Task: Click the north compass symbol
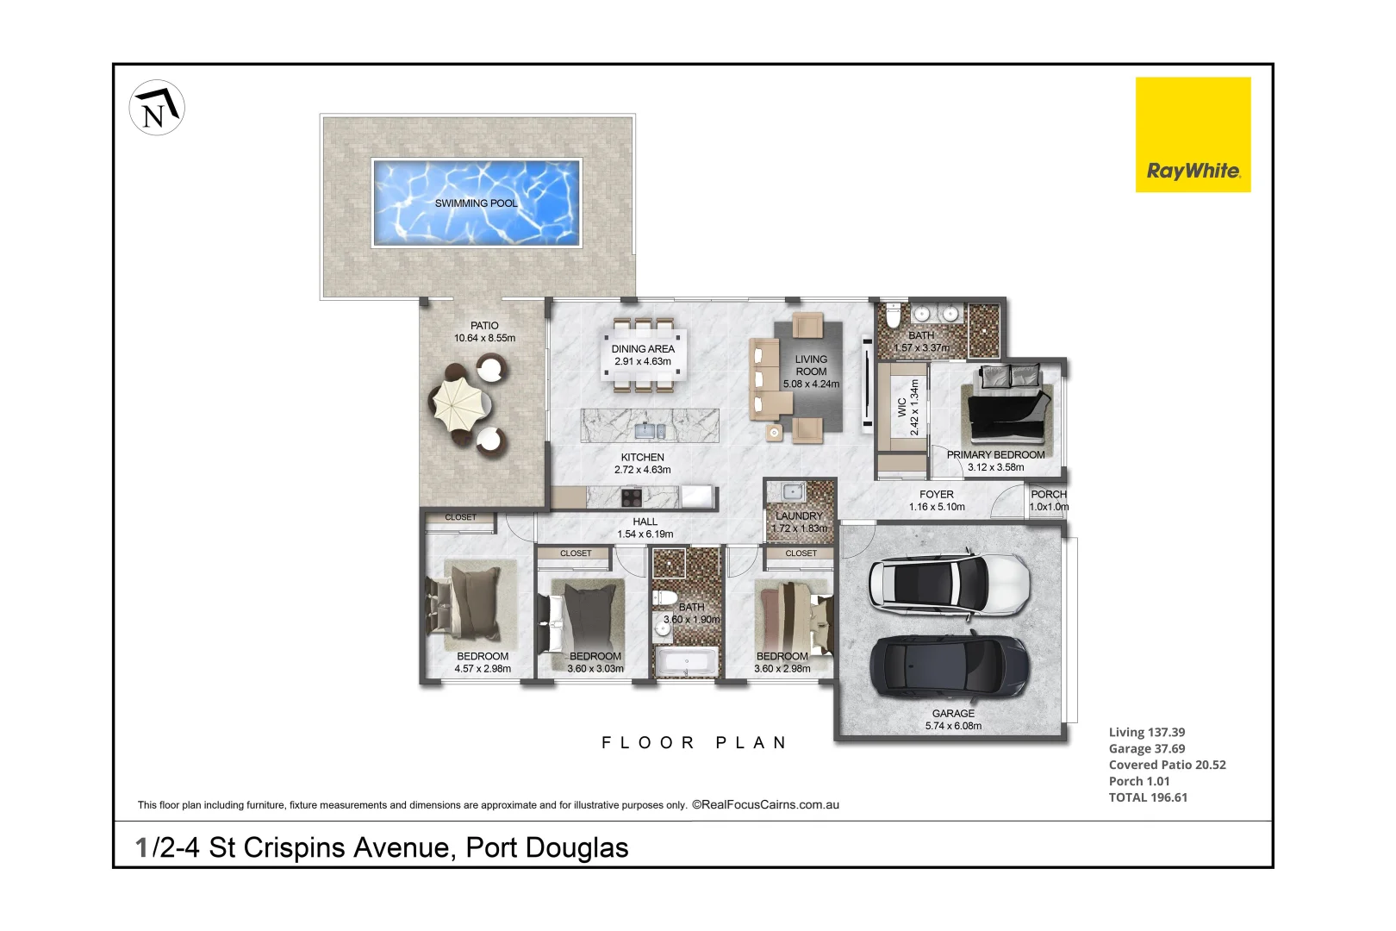coord(157,108)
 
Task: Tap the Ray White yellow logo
coord(1192,134)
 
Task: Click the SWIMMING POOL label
coord(476,203)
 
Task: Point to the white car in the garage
coord(949,582)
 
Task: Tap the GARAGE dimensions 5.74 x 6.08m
coord(953,726)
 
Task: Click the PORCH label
coord(1049,494)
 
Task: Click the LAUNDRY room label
coord(799,516)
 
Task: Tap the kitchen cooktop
coord(632,497)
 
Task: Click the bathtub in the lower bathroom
coord(687,663)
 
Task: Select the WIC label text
coord(902,407)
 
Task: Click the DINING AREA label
coord(643,349)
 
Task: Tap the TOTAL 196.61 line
coord(1148,797)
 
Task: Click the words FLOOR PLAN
coord(694,743)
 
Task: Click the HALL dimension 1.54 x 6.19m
coord(645,534)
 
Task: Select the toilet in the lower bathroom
coord(664,597)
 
